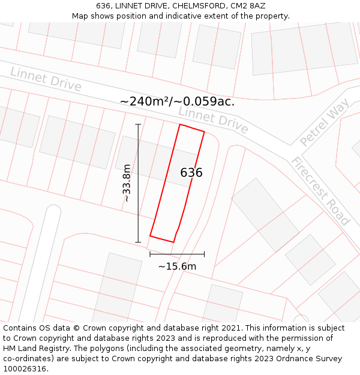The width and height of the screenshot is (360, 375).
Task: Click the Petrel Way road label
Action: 325,124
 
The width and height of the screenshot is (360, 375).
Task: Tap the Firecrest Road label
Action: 320,191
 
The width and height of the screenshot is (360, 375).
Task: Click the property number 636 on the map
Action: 191,173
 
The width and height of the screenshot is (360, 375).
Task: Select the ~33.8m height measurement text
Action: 127,183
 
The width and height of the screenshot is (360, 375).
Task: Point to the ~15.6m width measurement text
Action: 177,266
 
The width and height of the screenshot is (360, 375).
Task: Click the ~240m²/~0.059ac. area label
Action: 177,101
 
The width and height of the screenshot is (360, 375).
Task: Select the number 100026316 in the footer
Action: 25,368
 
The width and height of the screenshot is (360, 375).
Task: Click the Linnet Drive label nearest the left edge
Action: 46,79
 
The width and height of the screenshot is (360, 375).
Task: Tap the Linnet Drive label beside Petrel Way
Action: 213,120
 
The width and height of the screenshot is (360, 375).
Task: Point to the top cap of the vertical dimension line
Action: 138,124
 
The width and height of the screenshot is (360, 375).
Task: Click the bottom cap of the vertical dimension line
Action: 138,242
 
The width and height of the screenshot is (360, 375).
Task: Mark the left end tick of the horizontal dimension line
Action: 150,254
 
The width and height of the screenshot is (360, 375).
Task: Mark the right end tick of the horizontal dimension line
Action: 204,254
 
